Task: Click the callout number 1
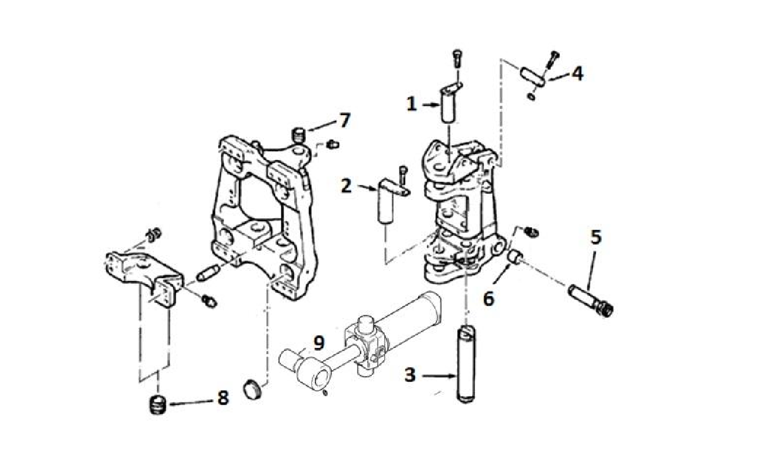click(x=412, y=105)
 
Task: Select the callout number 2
click(x=346, y=186)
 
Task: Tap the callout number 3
click(x=410, y=375)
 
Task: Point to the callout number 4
click(x=577, y=74)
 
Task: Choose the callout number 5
click(x=595, y=237)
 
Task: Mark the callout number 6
click(x=488, y=298)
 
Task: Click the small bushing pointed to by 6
click(x=515, y=257)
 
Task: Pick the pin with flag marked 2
click(x=385, y=203)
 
